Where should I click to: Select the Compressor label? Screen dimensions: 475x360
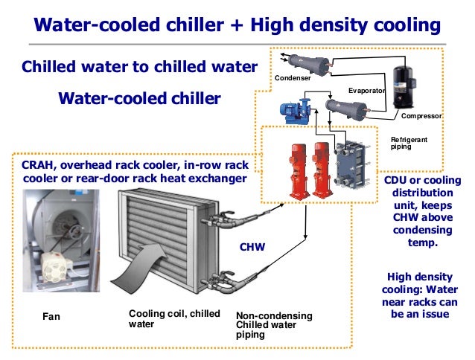(421, 117)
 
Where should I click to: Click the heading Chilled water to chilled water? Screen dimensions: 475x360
(140, 66)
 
